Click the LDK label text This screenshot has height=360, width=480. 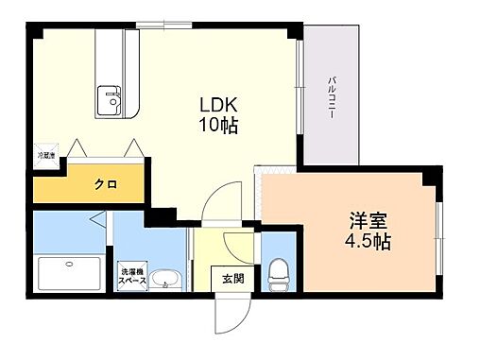(x=216, y=104)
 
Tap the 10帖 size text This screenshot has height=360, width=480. (x=216, y=125)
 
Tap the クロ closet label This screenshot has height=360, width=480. (x=105, y=184)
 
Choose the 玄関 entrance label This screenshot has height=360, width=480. (x=232, y=279)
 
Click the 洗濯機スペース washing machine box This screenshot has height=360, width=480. (x=130, y=280)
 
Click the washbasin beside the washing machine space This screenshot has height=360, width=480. (x=166, y=281)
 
